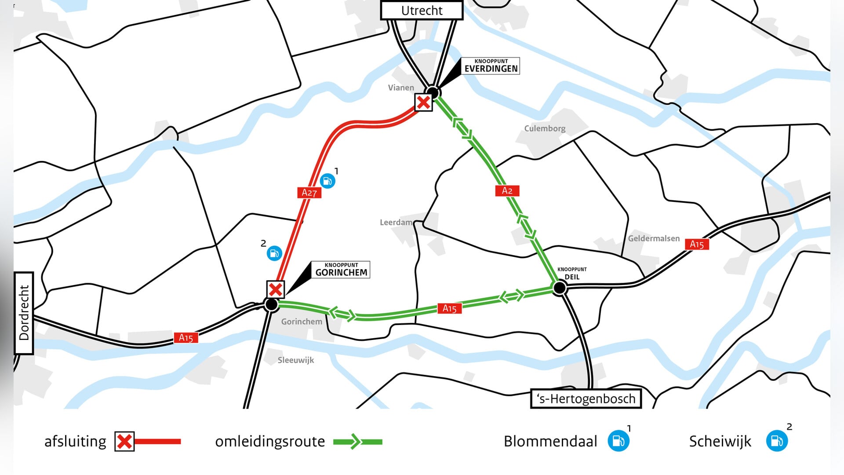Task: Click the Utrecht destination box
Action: click(x=422, y=11)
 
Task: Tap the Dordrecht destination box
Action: click(x=24, y=313)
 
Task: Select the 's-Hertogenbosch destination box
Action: click(x=586, y=398)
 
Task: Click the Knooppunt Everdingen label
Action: click(x=491, y=66)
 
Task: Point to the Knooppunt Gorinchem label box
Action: click(x=341, y=270)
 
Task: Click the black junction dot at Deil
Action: click(x=560, y=288)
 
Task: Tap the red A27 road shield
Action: click(x=309, y=193)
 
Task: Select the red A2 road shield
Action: click(x=507, y=190)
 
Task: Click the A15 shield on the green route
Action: click(x=449, y=308)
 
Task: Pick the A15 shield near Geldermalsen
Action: click(x=697, y=244)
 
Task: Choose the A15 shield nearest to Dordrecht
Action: click(x=186, y=338)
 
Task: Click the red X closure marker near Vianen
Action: click(x=423, y=102)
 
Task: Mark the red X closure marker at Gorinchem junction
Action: click(x=276, y=289)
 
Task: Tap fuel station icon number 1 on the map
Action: click(x=327, y=181)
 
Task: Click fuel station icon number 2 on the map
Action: click(x=274, y=253)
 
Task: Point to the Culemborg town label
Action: click(x=545, y=128)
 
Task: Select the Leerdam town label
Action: click(x=396, y=223)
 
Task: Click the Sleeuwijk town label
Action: click(x=296, y=360)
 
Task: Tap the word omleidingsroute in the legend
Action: click(x=270, y=441)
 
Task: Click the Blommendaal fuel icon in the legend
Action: click(x=618, y=441)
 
